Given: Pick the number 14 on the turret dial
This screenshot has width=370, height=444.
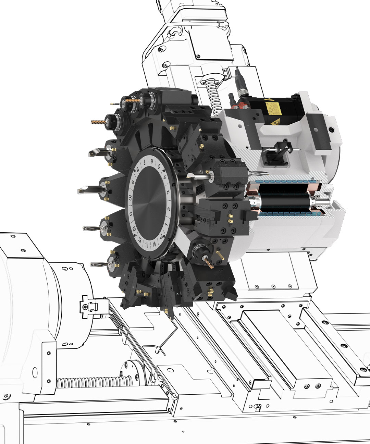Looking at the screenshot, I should (x=147, y=245).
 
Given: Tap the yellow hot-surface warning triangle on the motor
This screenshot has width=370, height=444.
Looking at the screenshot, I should (x=275, y=122).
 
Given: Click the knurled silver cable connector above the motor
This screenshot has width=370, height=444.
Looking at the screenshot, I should (x=239, y=77).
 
